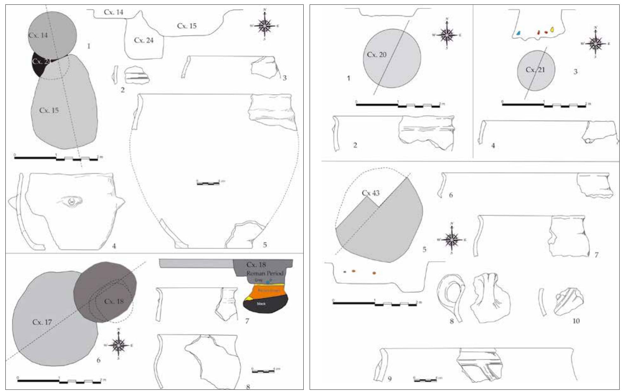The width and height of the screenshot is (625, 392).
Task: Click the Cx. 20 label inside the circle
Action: pos(377,55)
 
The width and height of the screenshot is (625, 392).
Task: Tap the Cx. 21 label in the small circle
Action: pos(535,70)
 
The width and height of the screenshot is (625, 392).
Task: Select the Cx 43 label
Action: pos(370,193)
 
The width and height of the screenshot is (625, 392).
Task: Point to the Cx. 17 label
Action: pos(42,322)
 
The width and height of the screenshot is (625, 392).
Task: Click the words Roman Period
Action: pos(265,273)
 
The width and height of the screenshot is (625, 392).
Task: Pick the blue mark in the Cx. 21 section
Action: pos(519,33)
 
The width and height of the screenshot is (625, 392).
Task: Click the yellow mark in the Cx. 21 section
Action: pos(552,29)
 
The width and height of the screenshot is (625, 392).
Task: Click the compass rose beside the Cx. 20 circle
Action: pos(447,34)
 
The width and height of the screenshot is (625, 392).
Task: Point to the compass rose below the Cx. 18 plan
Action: pos(119,345)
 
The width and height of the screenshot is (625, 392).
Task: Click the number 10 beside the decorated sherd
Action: pos(576,321)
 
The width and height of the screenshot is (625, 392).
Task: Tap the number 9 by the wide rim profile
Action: pos(390,379)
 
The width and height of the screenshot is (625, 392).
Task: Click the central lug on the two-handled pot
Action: pos(72,201)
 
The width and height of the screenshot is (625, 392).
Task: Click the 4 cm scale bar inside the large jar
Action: pos(208,183)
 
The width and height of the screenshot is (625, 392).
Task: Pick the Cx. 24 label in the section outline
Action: pos(144,40)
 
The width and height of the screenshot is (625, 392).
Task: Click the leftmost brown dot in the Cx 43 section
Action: pos(345,271)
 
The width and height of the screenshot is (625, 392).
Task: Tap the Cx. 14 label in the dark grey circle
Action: pos(38,35)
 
